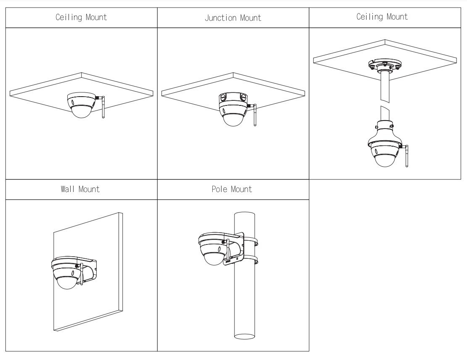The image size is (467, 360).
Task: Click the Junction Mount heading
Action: click(233, 18)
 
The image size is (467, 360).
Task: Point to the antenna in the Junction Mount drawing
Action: click(255, 116)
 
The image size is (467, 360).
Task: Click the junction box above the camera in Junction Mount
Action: click(232, 98)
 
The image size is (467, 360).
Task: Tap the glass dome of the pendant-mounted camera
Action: click(385, 161)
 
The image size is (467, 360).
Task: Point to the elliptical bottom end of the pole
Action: click(245, 336)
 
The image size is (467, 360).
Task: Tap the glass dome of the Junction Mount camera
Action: click(232, 118)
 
